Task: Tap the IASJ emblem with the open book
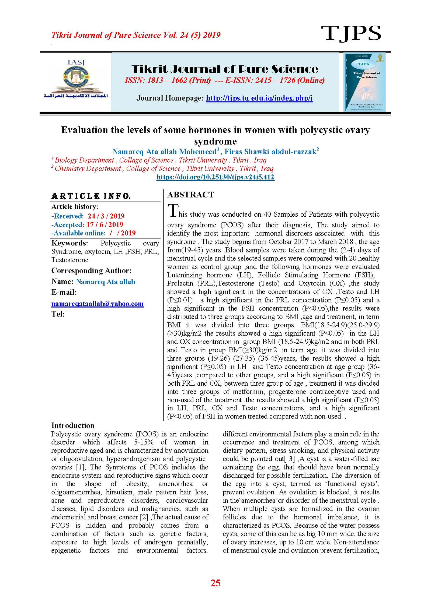76,78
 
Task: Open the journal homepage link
259,98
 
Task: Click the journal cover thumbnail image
364,82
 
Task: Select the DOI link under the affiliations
215,177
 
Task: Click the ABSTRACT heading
190,195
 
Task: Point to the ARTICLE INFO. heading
91,196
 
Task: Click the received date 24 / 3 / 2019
106,216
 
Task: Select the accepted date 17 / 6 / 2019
105,224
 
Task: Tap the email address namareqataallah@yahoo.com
97,304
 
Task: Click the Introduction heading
73,425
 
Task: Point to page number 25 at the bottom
215,583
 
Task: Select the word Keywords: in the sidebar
69,243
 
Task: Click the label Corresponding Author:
91,270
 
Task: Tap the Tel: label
58,314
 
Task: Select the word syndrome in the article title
215,141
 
